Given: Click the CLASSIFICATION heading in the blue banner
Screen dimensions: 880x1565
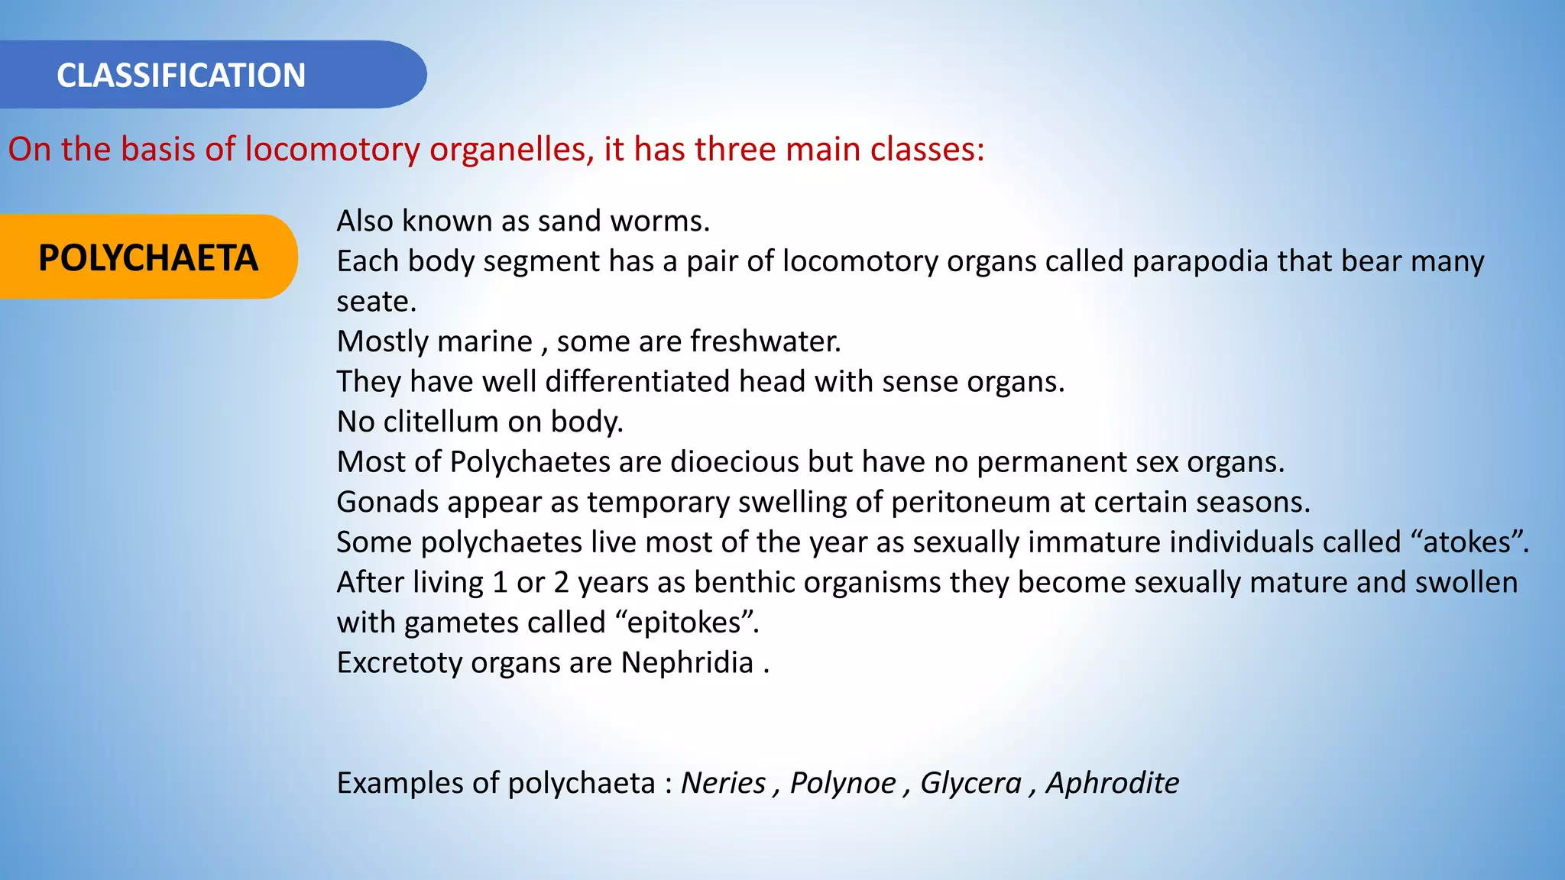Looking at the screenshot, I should [x=181, y=76].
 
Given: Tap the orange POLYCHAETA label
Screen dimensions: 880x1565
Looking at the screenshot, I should [x=148, y=258].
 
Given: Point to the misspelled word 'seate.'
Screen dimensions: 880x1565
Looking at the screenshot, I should [x=377, y=302].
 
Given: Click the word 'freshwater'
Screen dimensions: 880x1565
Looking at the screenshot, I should [x=765, y=341].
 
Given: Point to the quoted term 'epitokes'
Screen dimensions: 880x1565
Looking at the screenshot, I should [x=684, y=623].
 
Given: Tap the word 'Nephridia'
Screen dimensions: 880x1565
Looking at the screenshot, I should [x=687, y=663].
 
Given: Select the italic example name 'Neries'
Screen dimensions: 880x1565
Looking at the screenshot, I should [x=723, y=783].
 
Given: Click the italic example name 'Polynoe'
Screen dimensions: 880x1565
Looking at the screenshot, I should [x=842, y=783].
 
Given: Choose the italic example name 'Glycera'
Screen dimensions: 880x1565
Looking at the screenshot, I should [x=970, y=783].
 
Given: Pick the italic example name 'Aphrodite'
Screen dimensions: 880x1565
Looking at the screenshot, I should [x=1112, y=783].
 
